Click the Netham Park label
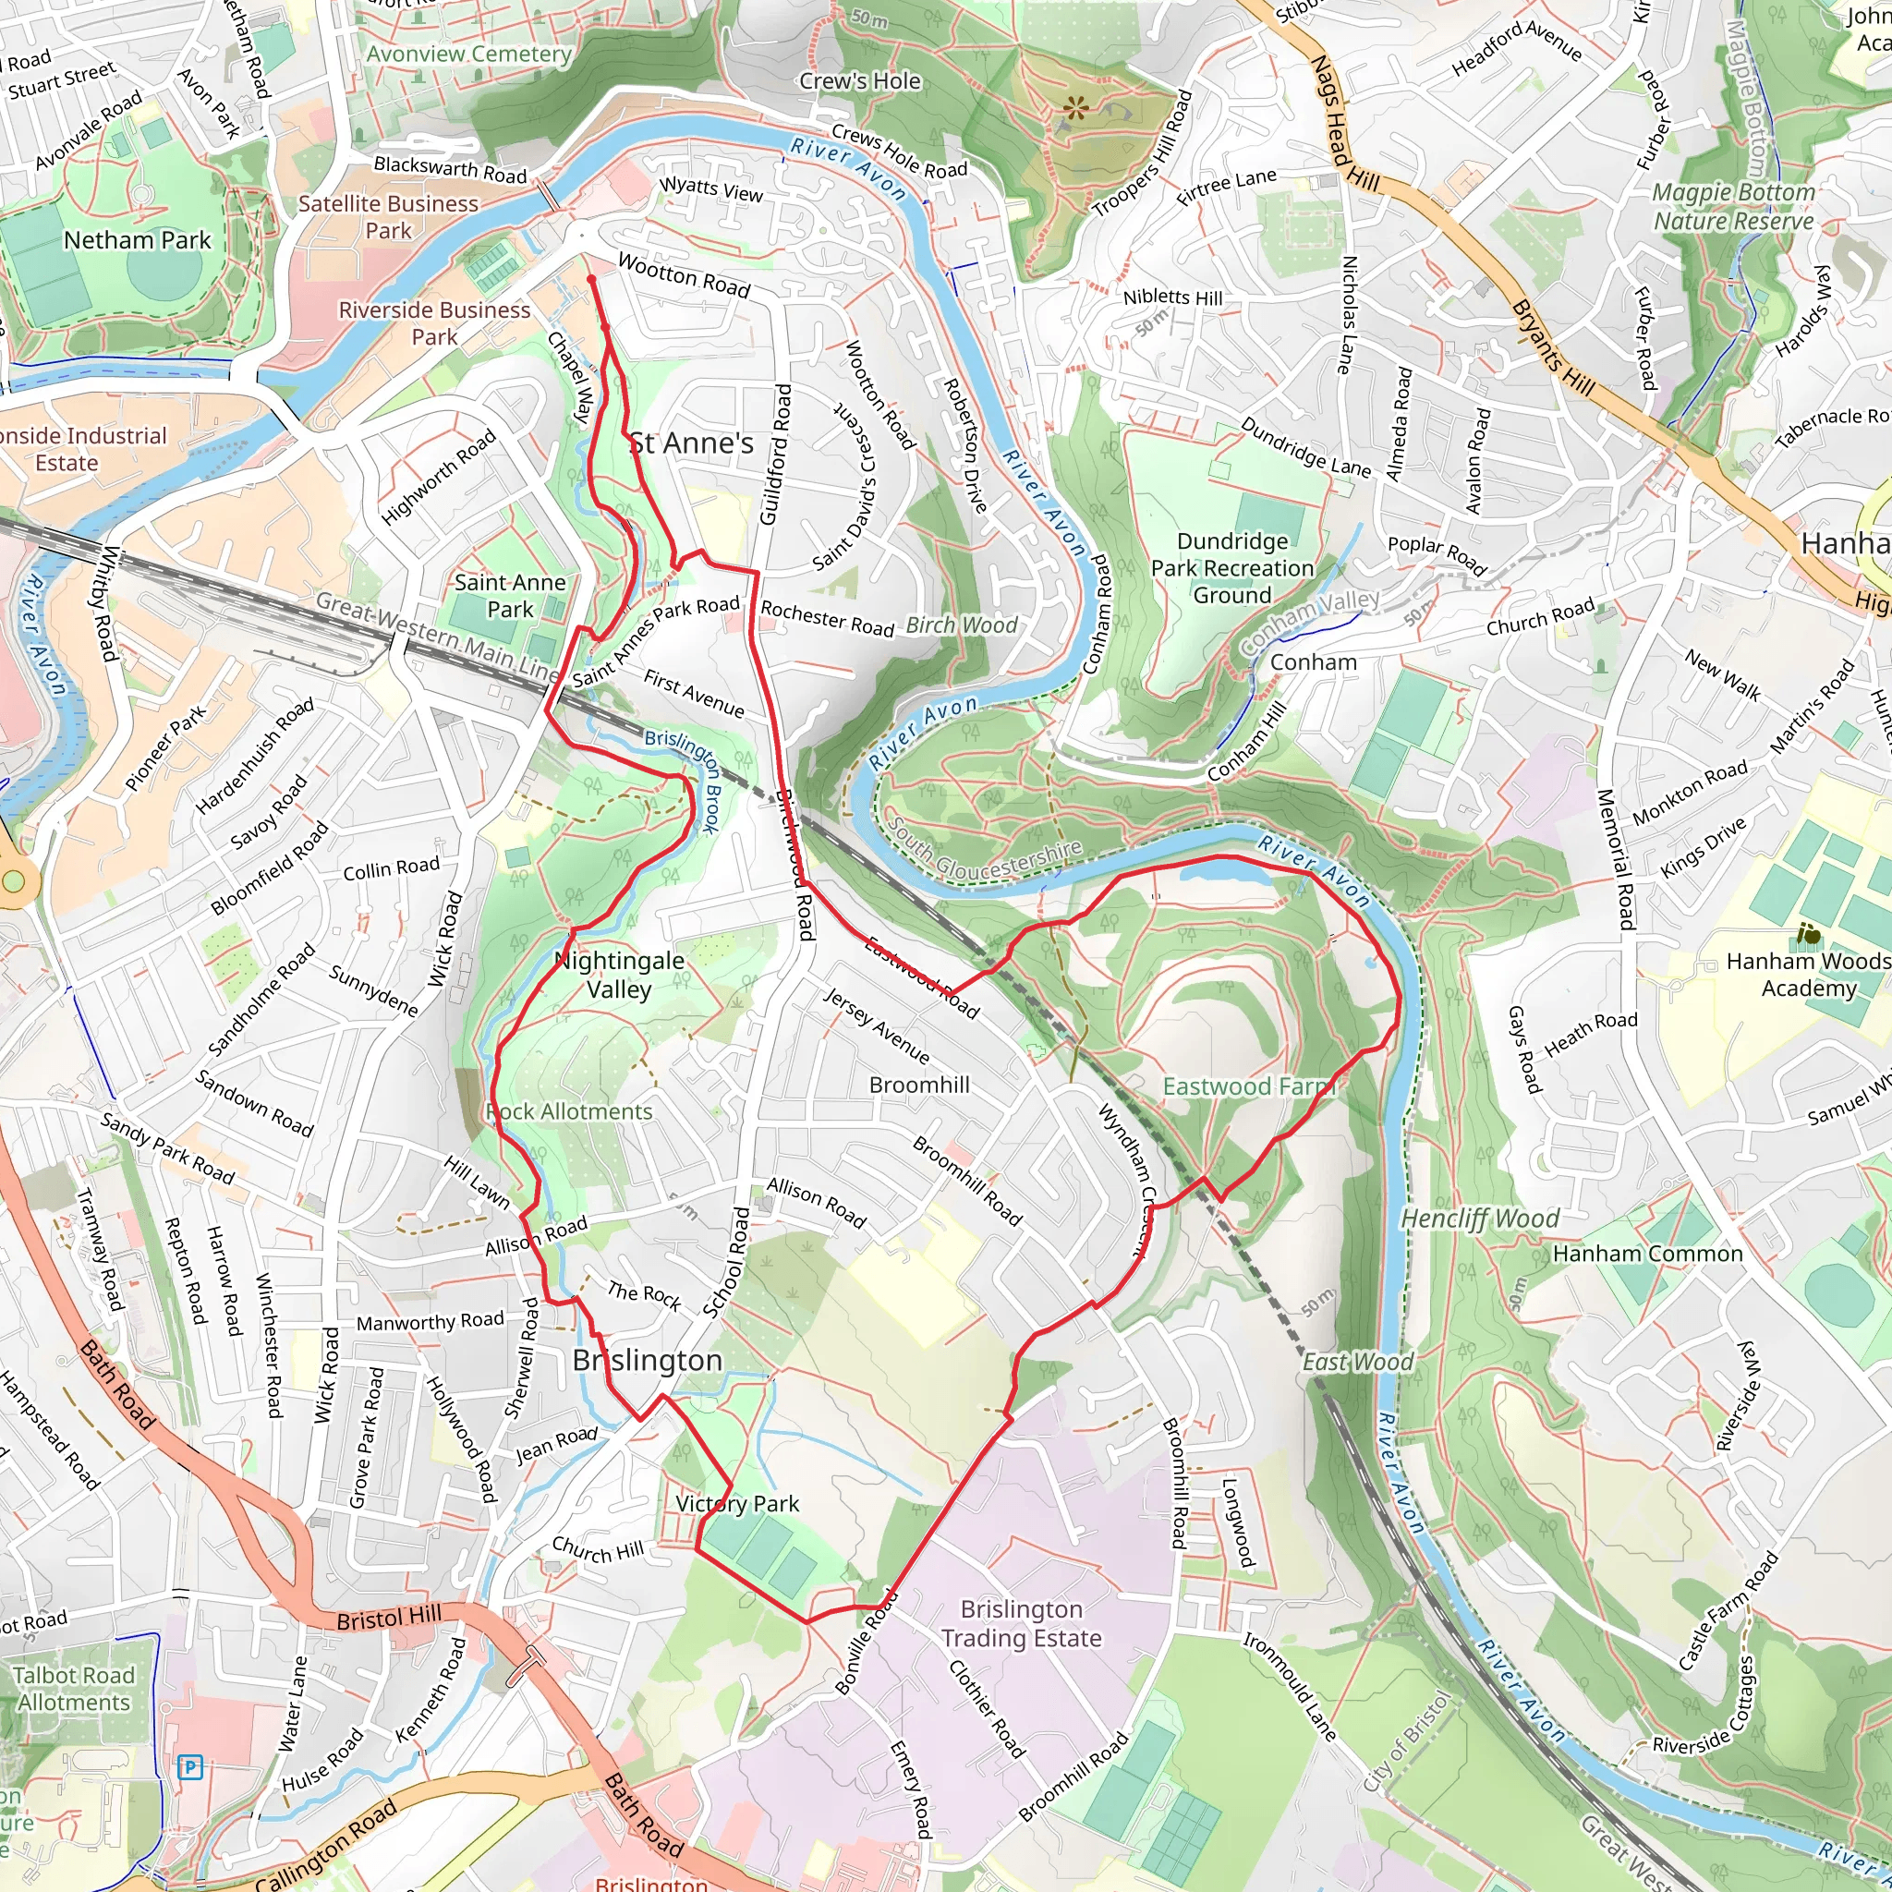click(137, 240)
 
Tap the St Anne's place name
click(691, 443)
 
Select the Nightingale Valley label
click(619, 975)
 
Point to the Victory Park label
click(737, 1503)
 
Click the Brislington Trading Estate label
click(1022, 1624)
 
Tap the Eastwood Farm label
click(1247, 1086)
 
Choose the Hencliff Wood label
click(1480, 1219)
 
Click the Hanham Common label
click(1647, 1254)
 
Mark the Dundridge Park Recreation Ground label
click(1232, 568)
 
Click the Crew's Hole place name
click(860, 81)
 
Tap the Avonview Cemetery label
click(468, 54)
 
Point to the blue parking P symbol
click(191, 1767)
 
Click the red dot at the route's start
click(591, 279)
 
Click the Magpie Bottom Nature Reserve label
click(1733, 207)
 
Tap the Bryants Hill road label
click(1552, 347)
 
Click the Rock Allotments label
click(569, 1111)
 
